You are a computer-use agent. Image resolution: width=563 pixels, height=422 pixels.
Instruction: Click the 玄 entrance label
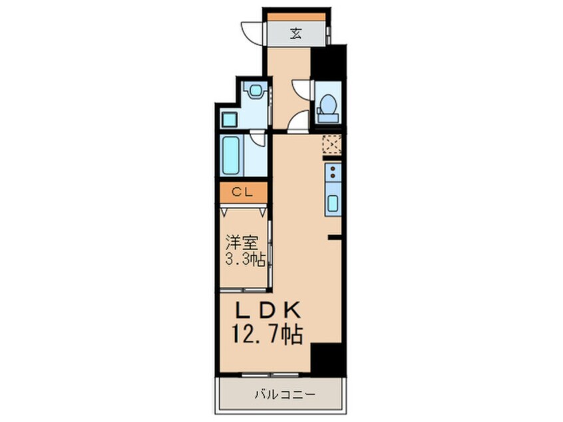pyautogui.click(x=296, y=34)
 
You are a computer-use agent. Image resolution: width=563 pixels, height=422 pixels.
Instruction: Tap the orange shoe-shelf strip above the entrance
pyautogui.click(x=296, y=17)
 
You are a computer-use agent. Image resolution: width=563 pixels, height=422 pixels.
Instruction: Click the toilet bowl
pyautogui.click(x=328, y=103)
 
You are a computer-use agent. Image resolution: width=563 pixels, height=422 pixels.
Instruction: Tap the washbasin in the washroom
pyautogui.click(x=255, y=89)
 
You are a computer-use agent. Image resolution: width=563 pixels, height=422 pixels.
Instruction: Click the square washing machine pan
pyautogui.click(x=230, y=119)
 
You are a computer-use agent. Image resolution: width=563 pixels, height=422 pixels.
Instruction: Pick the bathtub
pyautogui.click(x=231, y=156)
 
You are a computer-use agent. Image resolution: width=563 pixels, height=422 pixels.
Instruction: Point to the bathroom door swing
pyautogui.click(x=257, y=138)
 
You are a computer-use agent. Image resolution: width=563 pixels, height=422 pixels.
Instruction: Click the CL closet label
pyautogui.click(x=242, y=192)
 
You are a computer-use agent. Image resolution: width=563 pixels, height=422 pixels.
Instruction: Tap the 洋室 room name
pyautogui.click(x=242, y=242)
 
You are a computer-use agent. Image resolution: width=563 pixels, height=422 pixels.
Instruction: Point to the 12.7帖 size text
pyautogui.click(x=268, y=334)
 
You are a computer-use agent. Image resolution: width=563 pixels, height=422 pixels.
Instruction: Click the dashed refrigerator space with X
pyautogui.click(x=332, y=144)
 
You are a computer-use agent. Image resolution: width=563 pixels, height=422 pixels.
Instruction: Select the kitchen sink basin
pyautogui.click(x=333, y=204)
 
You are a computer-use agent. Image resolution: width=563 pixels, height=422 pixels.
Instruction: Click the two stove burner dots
pyautogui.click(x=333, y=172)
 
